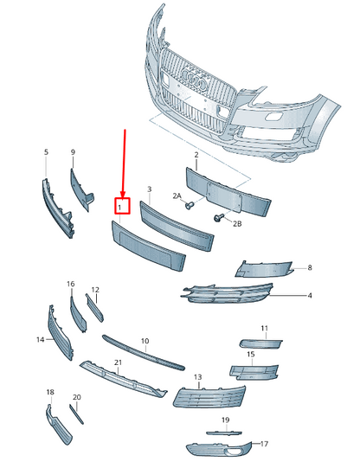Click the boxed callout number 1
click(122, 206)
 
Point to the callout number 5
click(46, 152)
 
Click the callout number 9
click(73, 152)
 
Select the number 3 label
click(149, 188)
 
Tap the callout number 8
click(309, 269)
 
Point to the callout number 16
click(70, 284)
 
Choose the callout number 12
click(95, 289)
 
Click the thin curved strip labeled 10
click(143, 350)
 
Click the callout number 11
click(265, 329)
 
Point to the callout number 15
click(250, 355)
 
